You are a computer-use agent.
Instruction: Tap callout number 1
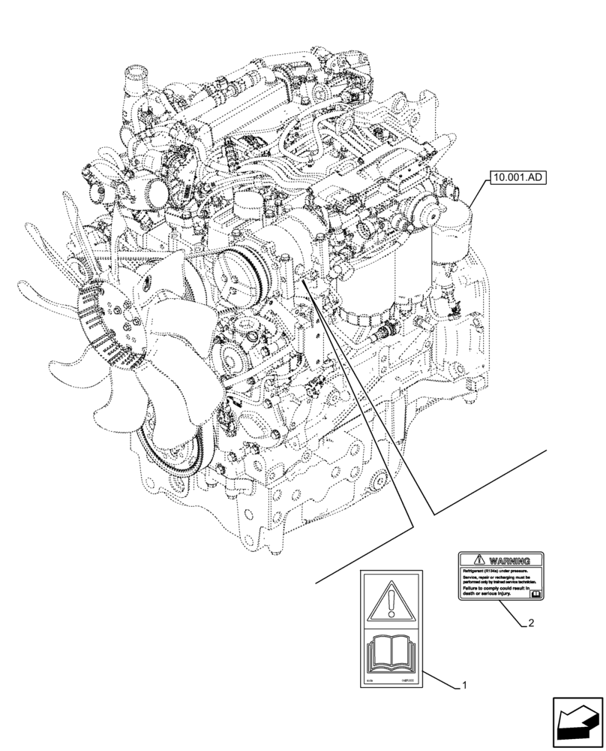coord(465,685)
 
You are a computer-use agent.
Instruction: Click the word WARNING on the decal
coord(509,561)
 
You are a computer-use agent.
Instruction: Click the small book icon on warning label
coord(535,593)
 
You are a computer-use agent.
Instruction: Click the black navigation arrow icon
coord(578,722)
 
